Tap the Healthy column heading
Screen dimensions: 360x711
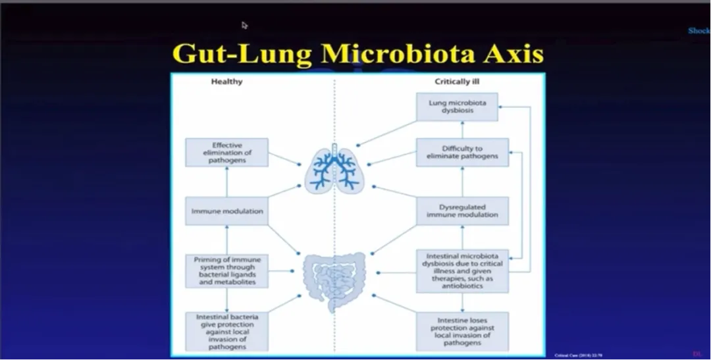(x=226, y=82)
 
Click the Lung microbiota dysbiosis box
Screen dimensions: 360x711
(x=456, y=107)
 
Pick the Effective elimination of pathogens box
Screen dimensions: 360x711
(x=226, y=153)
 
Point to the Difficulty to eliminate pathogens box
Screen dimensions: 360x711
(x=461, y=152)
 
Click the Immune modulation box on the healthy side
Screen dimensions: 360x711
(x=226, y=211)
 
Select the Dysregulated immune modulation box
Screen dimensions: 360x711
(x=461, y=211)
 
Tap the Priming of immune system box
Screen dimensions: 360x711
(x=226, y=270)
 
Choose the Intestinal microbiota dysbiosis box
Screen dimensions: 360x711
(x=461, y=270)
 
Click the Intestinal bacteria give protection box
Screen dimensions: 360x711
(x=226, y=331)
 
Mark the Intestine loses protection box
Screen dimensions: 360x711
(x=461, y=331)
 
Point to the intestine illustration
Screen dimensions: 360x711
(x=334, y=280)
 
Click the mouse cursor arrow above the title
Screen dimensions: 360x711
(x=245, y=25)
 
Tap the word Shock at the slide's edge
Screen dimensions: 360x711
(x=698, y=31)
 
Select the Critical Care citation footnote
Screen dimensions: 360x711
(x=570, y=355)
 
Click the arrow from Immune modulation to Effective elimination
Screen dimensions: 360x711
(x=226, y=182)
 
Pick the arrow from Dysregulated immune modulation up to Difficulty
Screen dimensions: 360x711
(x=461, y=182)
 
